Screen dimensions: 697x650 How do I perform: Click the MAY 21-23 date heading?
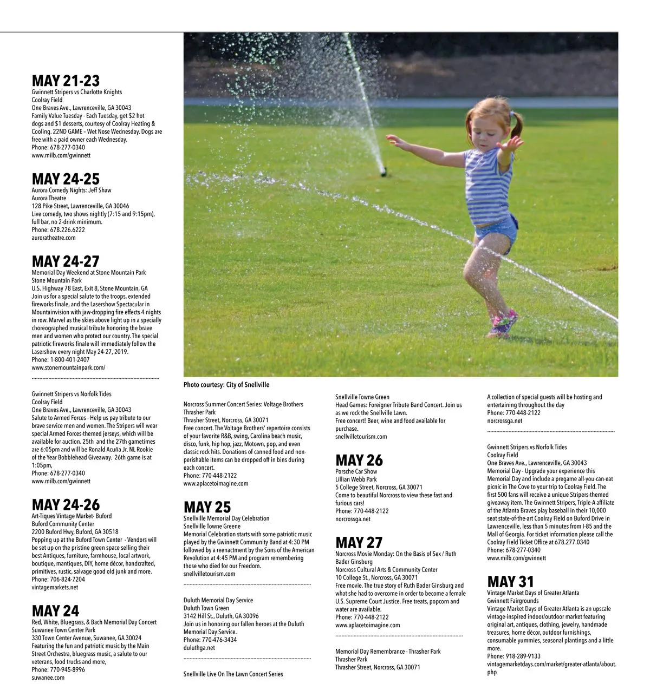[66, 81]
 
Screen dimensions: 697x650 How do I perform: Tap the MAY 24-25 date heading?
[66, 179]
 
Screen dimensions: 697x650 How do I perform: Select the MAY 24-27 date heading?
[66, 261]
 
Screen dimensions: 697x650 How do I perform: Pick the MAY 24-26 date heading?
[66, 505]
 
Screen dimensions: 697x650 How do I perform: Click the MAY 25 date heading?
[207, 507]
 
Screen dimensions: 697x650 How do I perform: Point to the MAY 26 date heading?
[359, 461]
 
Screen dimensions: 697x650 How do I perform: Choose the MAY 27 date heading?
[359, 543]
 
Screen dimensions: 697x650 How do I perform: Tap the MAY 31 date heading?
[510, 582]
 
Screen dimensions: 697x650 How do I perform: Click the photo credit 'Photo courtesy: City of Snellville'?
[226, 385]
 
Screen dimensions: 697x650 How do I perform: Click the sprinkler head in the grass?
[383, 173]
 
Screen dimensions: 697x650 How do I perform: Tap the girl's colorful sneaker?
[504, 324]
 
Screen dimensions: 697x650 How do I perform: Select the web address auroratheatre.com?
[54, 238]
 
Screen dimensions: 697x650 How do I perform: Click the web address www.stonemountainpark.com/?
[68, 367]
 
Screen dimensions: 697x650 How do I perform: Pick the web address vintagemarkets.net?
[55, 587]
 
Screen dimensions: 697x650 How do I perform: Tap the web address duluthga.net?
[199, 648]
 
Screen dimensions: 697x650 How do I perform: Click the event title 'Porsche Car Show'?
[356, 471]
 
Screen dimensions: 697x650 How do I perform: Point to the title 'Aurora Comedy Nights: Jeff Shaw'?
[71, 190]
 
